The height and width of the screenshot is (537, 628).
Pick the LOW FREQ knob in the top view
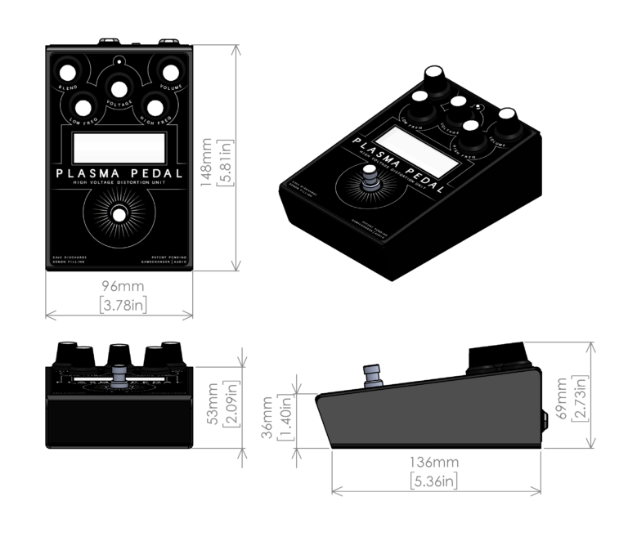pos(82,106)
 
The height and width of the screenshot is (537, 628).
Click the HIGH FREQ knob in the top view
pos(153,106)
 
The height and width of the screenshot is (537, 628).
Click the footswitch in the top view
pos(119,214)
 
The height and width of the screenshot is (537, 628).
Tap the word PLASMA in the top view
pos(88,174)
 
